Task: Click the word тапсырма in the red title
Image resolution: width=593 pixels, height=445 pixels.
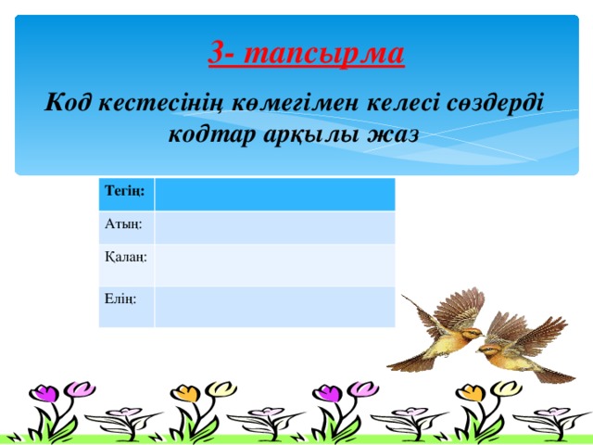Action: [x=345, y=54]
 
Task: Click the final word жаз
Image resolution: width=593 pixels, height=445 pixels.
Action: [x=395, y=133]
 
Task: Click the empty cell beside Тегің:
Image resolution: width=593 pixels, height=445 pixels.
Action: [x=275, y=194]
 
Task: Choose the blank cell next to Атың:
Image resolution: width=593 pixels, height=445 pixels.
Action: [x=275, y=226]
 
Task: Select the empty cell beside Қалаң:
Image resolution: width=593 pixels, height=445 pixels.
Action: [x=275, y=264]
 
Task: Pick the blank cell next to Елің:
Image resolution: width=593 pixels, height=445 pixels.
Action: [x=275, y=306]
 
